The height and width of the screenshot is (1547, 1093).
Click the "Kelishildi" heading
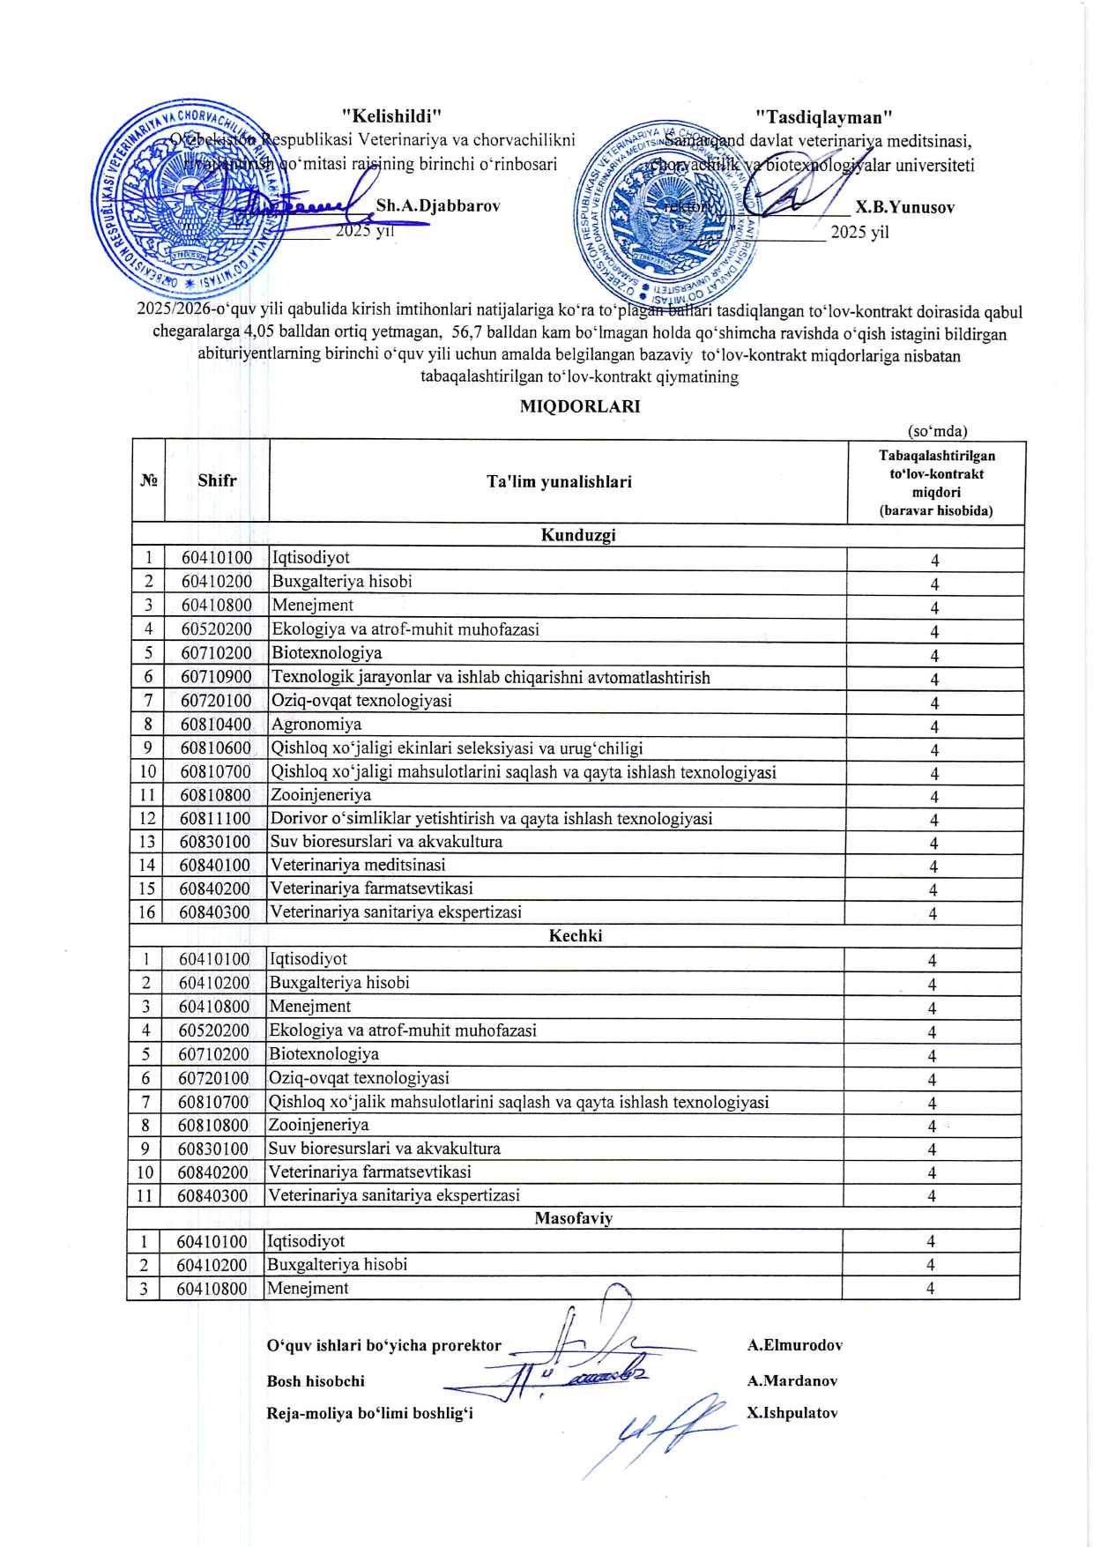[391, 115]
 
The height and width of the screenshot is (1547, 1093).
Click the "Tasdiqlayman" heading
[825, 117]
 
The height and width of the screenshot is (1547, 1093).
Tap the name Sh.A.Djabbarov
[438, 206]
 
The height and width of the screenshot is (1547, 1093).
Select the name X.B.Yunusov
[904, 208]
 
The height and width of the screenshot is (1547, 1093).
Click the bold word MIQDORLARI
[579, 406]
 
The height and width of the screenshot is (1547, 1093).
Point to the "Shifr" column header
[217, 480]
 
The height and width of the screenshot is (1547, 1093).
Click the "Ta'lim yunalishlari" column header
[559, 481]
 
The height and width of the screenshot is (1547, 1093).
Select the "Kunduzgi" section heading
[577, 535]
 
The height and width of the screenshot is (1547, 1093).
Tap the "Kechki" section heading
[576, 936]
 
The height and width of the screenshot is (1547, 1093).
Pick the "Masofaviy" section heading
[573, 1218]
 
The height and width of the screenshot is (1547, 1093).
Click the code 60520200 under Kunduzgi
[217, 629]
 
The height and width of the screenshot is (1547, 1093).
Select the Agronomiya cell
[316, 725]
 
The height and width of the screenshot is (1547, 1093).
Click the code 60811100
[215, 818]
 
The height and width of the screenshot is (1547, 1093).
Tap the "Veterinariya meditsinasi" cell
[358, 865]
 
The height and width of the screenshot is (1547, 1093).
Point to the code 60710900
[216, 677]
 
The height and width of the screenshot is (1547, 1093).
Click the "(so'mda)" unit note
[938, 431]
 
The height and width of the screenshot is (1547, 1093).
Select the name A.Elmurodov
[795, 1345]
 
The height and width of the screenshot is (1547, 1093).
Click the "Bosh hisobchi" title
[316, 1381]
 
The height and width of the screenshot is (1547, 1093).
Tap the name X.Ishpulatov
[792, 1413]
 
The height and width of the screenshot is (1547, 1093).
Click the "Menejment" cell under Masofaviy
[308, 1288]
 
